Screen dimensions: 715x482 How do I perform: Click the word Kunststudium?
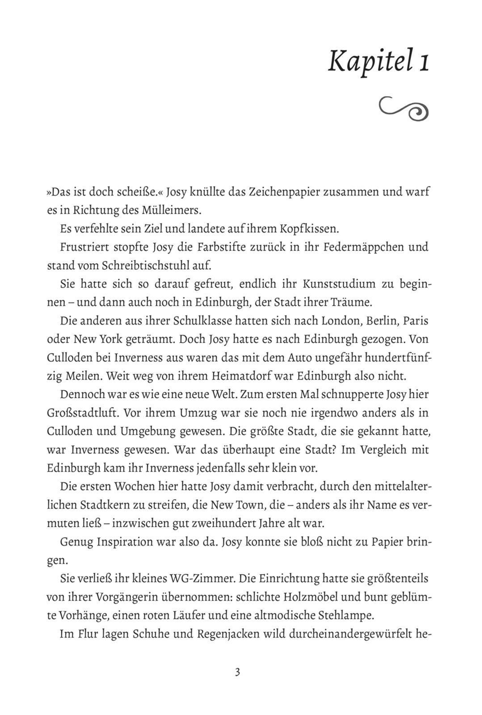point(339,284)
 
